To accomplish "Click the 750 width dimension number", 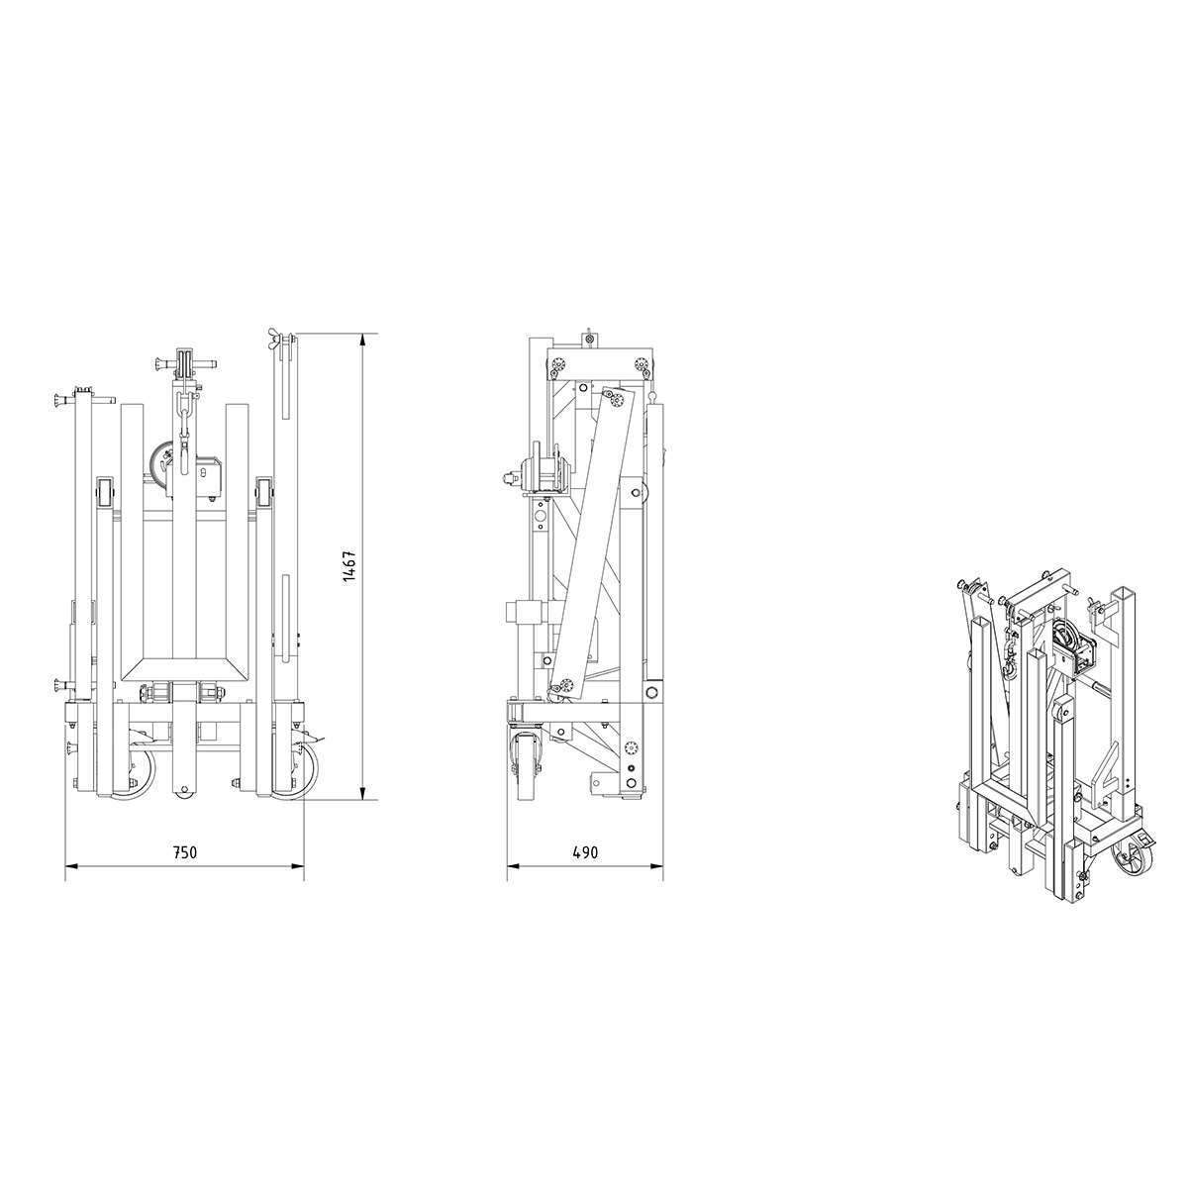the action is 184,853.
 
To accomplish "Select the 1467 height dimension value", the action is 349,565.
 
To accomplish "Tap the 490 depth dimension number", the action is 585,853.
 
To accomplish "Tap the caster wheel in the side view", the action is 527,767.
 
